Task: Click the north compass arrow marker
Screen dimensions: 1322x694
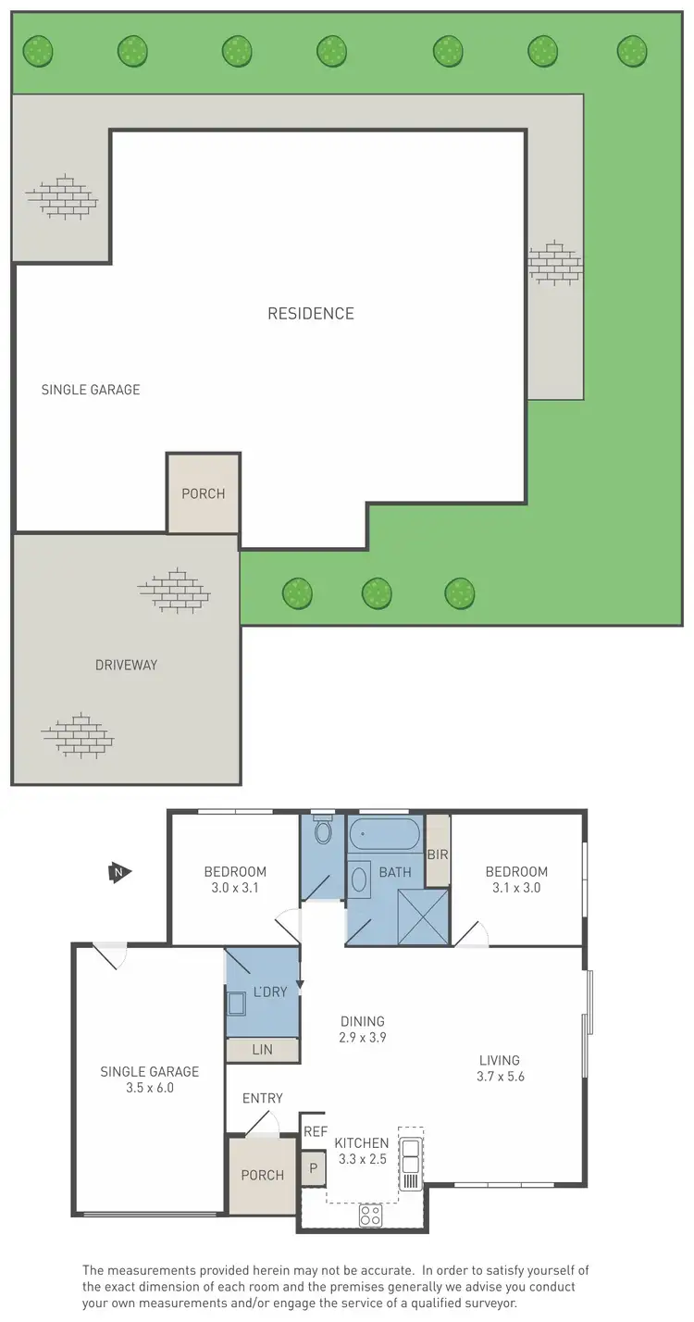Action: [x=118, y=872]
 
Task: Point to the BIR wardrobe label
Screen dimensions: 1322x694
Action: [x=437, y=854]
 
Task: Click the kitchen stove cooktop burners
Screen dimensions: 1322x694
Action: [x=371, y=1216]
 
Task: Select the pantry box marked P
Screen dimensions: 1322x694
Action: [x=313, y=1168]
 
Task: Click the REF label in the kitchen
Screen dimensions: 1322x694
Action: [x=315, y=1130]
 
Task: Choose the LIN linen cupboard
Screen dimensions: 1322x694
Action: [x=262, y=1050]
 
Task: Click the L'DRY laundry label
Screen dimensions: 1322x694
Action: [x=270, y=991]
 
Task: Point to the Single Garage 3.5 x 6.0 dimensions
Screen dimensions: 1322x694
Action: [x=150, y=1088]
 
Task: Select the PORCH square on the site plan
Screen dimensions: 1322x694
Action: [x=204, y=493]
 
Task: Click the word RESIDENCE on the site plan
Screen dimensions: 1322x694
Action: [x=310, y=314]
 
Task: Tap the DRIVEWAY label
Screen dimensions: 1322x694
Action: [x=126, y=665]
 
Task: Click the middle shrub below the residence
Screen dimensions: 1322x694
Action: [x=377, y=592]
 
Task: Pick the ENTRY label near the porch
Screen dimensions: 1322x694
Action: [x=262, y=1098]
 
